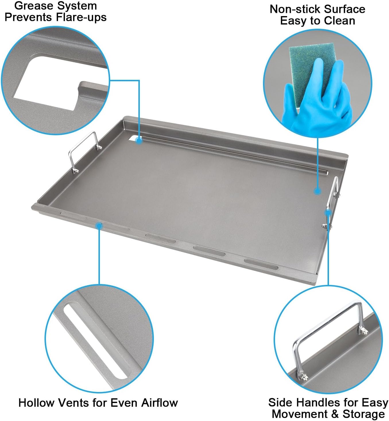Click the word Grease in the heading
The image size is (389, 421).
click(x=31, y=6)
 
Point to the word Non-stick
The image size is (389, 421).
click(x=291, y=9)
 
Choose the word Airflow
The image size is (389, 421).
click(x=159, y=403)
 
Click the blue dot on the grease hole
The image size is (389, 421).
click(x=139, y=141)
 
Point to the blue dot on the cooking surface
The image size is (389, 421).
click(x=317, y=191)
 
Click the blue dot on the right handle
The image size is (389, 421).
click(x=328, y=213)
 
